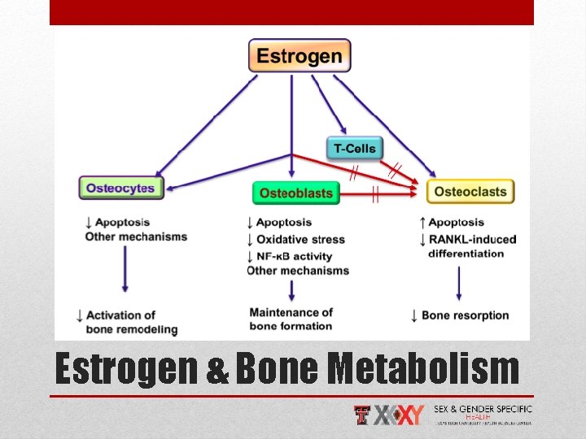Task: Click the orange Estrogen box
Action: point(300,55)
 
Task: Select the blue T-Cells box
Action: point(355,149)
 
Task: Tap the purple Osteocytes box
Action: point(121,188)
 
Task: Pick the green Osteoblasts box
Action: point(295,193)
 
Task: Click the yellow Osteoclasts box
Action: point(470,192)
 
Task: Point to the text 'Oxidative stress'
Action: point(300,239)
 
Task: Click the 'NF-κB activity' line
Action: point(294,255)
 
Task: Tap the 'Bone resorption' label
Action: point(465,315)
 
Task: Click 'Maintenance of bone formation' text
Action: point(291,319)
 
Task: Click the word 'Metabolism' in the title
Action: point(424,369)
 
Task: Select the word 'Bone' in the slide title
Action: point(279,369)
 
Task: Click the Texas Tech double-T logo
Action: point(363,415)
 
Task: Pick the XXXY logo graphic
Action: point(400,415)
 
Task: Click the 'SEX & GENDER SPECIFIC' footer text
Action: point(483,409)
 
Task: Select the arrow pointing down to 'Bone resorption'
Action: point(460,282)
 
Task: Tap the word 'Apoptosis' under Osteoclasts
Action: point(456,222)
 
